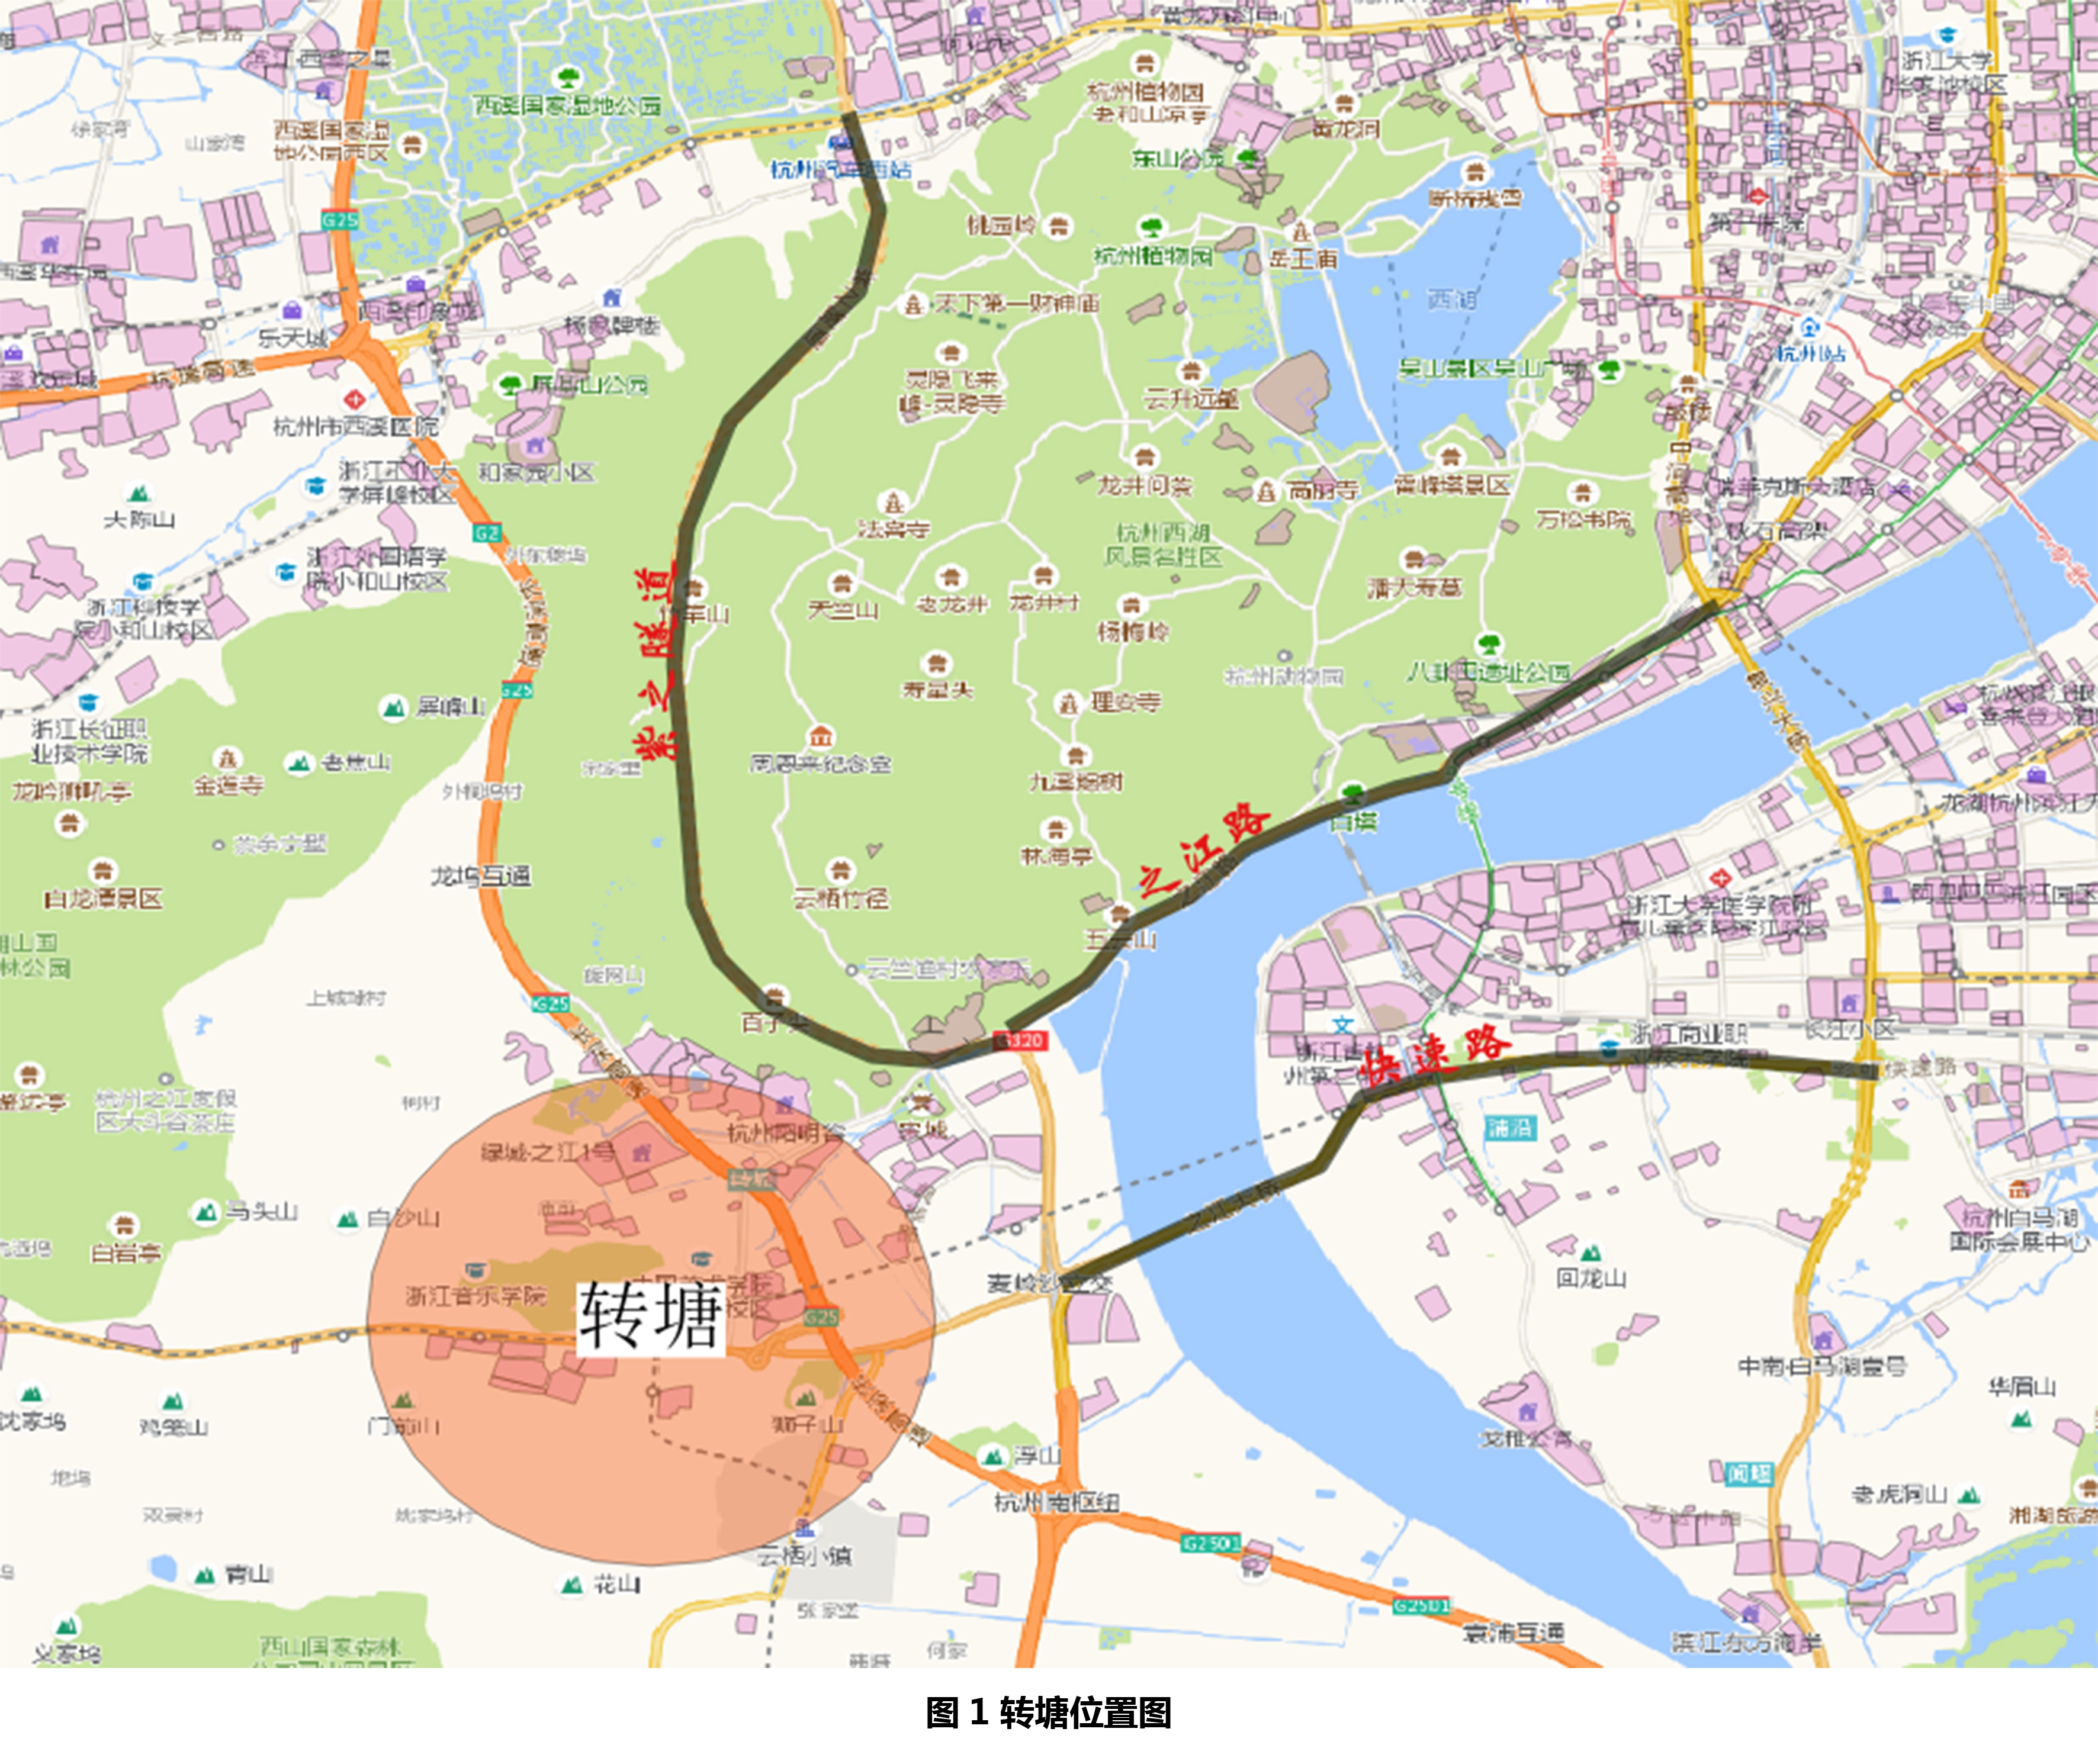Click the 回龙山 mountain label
coord(1591,1277)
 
